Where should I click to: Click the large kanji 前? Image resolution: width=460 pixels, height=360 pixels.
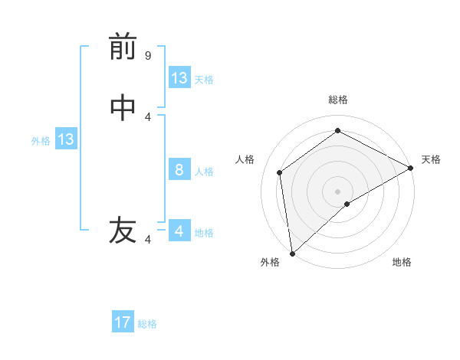(123, 47)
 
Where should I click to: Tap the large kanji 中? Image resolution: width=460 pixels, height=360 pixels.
(123, 108)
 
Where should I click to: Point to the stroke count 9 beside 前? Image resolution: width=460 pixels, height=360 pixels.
(148, 56)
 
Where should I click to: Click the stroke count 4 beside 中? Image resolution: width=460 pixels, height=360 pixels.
(148, 116)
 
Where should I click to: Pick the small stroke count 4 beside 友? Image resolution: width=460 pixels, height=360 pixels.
(148, 240)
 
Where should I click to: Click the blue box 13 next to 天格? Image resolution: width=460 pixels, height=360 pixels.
(179, 78)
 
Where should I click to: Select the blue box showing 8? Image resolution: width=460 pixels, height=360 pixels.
(179, 170)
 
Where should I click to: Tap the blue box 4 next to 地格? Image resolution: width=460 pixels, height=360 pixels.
(179, 231)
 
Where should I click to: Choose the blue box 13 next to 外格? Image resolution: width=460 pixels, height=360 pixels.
(66, 139)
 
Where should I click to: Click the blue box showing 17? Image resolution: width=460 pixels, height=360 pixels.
(123, 322)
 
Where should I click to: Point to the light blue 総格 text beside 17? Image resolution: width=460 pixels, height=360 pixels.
(147, 324)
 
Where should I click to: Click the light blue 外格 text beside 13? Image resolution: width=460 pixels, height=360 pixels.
(41, 141)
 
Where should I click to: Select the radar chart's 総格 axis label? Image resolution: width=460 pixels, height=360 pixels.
(338, 100)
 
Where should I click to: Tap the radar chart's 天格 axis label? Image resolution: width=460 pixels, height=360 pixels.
(431, 159)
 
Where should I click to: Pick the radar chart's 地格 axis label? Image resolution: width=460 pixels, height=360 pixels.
(402, 262)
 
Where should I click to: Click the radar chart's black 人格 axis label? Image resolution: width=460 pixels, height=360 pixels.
(245, 159)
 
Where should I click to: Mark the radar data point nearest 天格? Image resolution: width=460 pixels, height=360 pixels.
(411, 168)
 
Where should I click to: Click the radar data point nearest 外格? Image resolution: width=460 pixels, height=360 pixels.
(292, 253)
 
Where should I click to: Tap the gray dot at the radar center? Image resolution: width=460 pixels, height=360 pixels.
(338, 191)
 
